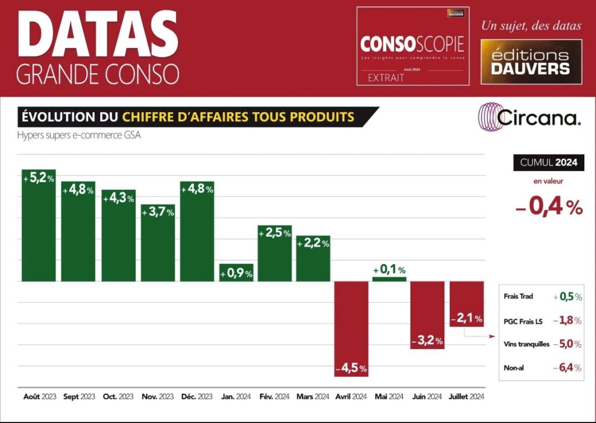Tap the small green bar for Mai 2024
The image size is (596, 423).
point(389,279)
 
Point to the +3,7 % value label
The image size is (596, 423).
point(158,213)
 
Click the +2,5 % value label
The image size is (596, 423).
point(275,233)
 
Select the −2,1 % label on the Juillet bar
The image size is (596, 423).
point(467,318)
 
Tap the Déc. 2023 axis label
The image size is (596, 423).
point(197,397)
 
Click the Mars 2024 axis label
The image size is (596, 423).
point(313,397)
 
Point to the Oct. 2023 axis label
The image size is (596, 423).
point(118,397)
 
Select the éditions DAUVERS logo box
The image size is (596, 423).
point(531,62)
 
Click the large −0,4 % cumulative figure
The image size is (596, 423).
point(549,208)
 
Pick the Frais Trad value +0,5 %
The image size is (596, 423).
point(567,297)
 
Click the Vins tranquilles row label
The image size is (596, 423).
point(526,344)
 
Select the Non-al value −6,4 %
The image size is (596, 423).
point(567,368)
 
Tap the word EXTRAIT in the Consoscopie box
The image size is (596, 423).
point(386,78)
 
